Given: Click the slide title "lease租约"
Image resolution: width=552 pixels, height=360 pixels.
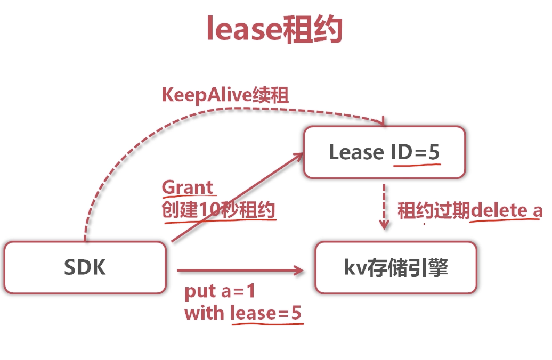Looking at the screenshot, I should tap(274, 29).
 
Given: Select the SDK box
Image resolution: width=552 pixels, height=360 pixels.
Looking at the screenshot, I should tap(85, 267).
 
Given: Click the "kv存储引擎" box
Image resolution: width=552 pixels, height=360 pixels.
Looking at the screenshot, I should tap(396, 267).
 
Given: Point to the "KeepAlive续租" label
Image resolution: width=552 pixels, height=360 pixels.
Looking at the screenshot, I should tap(225, 95).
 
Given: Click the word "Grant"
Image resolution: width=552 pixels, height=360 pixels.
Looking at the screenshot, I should tap(188, 187).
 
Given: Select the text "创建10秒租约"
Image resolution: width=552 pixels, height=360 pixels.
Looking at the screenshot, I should tap(218, 210).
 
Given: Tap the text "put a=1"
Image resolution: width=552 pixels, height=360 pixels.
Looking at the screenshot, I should tap(220, 292).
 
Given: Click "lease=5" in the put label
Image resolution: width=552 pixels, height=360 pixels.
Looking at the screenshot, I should tap(266, 313).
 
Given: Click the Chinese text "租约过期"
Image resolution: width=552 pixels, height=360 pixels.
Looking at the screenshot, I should tap(433, 210).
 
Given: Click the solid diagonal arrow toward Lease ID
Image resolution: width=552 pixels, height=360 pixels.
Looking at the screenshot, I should tap(234, 198).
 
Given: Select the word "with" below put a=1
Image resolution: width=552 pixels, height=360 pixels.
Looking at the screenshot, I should tap(204, 313).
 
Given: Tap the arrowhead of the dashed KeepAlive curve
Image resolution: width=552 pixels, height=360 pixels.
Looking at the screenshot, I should tap(380, 123).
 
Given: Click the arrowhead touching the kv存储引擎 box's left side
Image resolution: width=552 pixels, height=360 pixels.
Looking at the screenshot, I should tap(299, 271).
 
